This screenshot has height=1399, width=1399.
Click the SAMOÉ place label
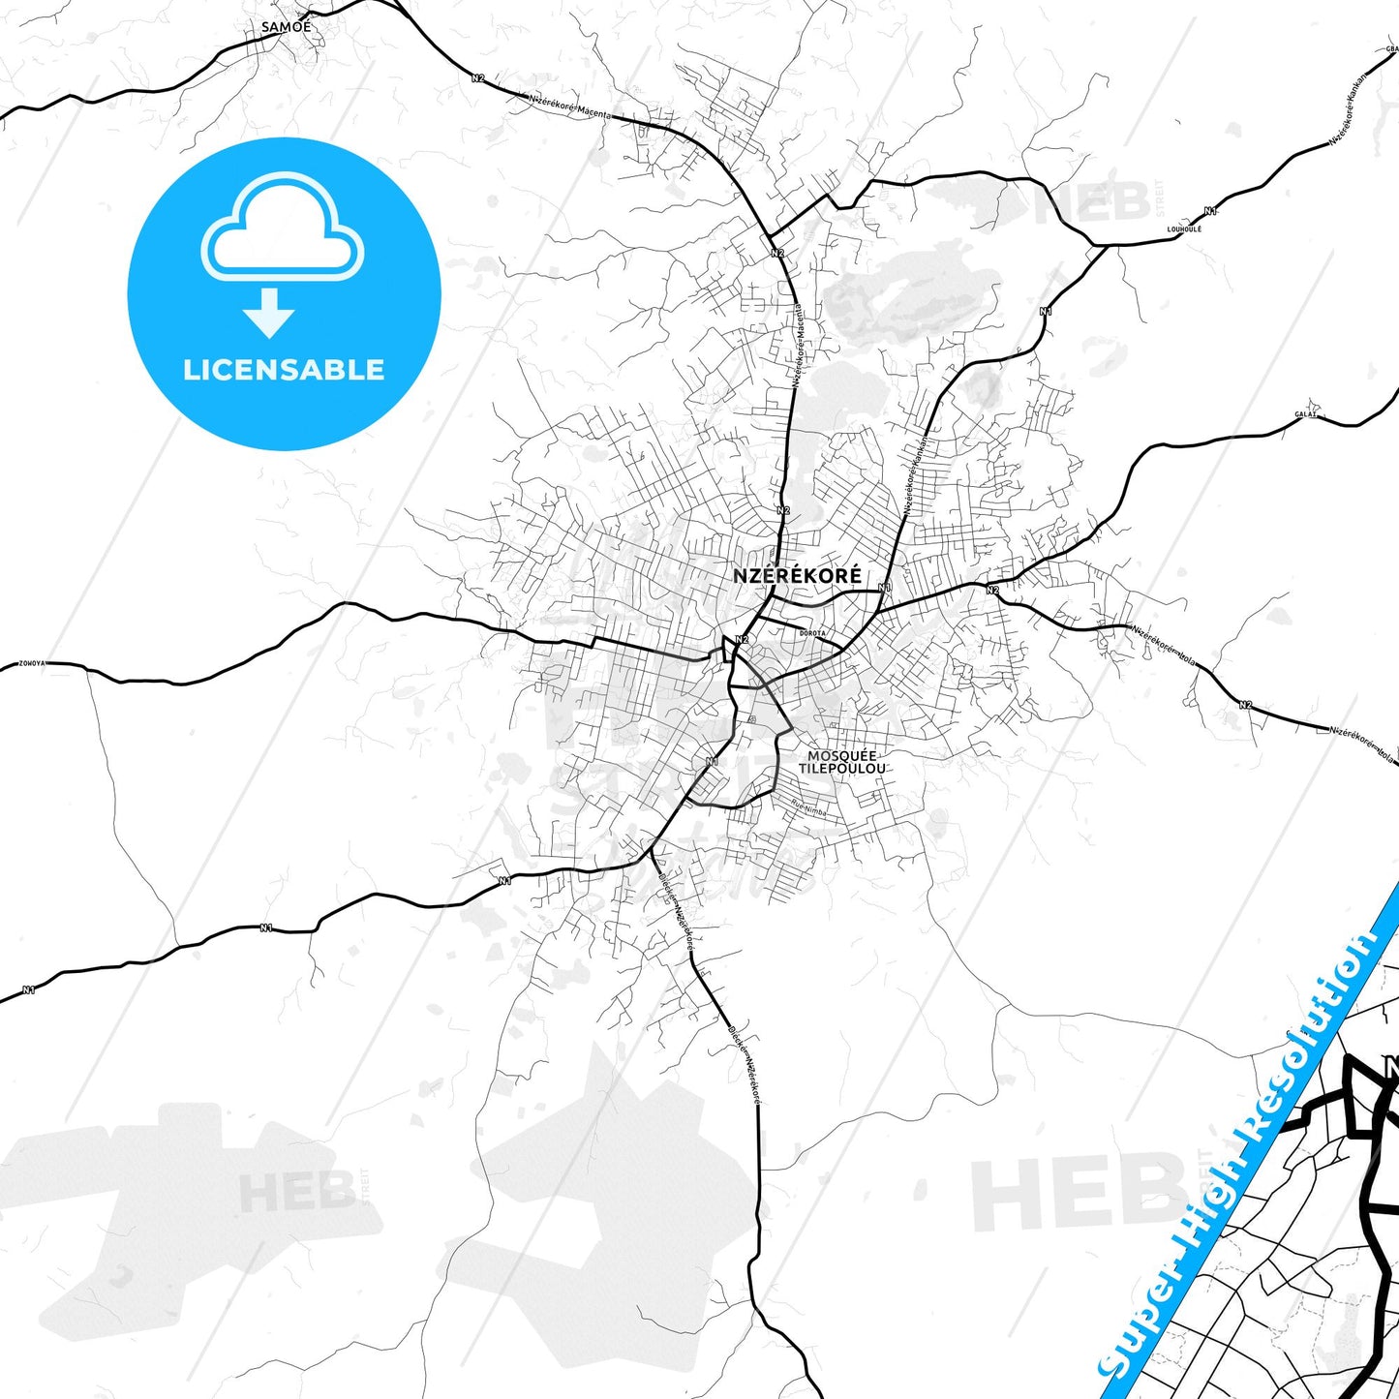tap(287, 27)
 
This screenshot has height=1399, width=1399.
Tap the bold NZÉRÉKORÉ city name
tap(797, 575)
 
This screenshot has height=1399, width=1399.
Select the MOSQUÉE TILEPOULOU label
tap(841, 762)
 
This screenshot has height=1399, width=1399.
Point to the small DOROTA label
tap(812, 633)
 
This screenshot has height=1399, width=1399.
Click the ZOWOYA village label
tap(32, 664)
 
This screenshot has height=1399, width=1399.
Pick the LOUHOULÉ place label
tap(1184, 229)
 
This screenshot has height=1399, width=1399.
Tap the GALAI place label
tap(1306, 414)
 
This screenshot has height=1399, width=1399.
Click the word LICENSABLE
tap(284, 370)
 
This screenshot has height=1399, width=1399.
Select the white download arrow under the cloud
tap(269, 313)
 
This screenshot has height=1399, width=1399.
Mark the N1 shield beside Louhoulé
tap(1210, 211)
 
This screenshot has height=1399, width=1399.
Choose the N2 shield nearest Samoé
tap(477, 77)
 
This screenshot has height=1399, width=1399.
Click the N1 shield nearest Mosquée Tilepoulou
tap(713, 761)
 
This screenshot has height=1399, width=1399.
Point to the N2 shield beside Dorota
tap(742, 639)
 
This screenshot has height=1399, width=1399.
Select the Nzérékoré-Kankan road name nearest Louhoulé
tap(1349, 108)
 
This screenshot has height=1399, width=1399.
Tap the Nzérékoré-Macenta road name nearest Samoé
tap(570, 106)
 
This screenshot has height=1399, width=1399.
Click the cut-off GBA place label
tap(1391, 47)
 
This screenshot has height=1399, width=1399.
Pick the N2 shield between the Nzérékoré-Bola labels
tap(1245, 705)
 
